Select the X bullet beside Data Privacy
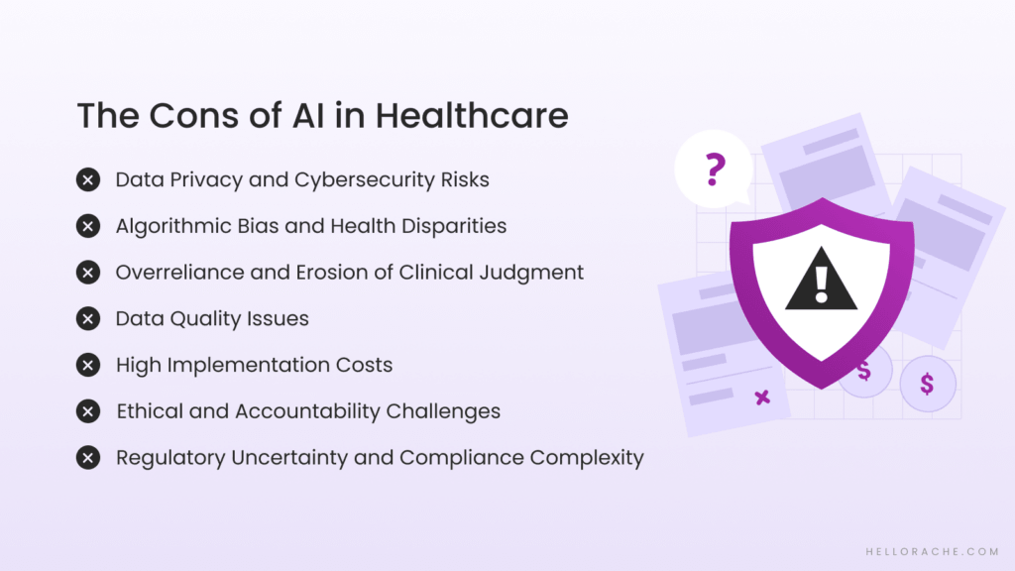[x=88, y=180]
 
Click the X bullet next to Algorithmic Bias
[x=88, y=226]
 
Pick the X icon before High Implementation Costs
[x=88, y=366]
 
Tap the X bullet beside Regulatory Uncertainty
[x=88, y=458]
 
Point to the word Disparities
[x=450, y=226]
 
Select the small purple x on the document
[x=762, y=398]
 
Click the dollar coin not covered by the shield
[x=927, y=384]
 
